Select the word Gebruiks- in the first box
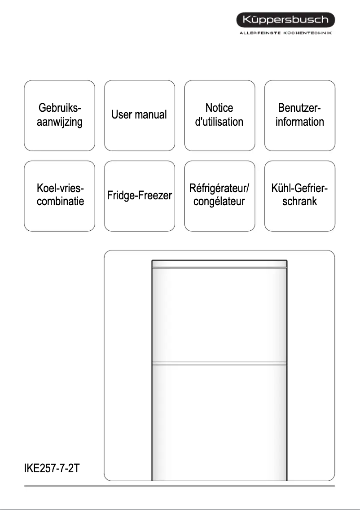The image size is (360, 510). (60, 108)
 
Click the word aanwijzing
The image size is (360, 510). (60, 122)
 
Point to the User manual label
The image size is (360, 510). (139, 114)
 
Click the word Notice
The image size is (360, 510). (219, 108)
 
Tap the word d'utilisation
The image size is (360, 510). (219, 122)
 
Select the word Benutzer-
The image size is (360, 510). (300, 108)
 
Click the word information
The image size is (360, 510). (300, 122)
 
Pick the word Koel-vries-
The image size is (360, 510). (60, 188)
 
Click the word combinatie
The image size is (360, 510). (60, 201)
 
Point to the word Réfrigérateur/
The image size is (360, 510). (219, 188)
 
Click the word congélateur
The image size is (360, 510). (219, 201)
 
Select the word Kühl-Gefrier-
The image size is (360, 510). (300, 188)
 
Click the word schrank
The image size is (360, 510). (300, 201)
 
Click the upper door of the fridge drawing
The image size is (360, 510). (219, 314)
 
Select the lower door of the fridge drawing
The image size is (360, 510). (219, 422)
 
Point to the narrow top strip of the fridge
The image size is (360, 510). (219, 264)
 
